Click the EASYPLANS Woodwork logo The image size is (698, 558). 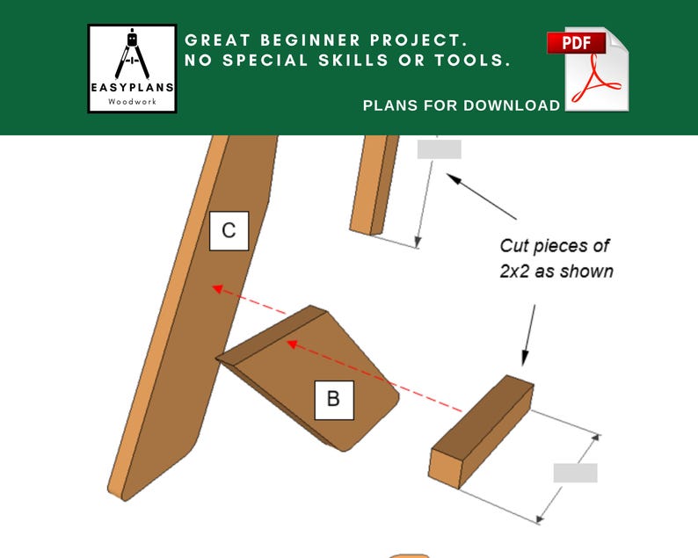click(x=132, y=69)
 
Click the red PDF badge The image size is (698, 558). click(x=576, y=43)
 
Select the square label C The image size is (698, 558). click(x=229, y=230)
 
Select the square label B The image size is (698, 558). click(x=334, y=400)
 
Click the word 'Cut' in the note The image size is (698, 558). click(x=513, y=246)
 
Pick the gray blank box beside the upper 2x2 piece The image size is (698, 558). click(x=439, y=149)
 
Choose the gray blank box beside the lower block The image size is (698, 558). click(x=575, y=473)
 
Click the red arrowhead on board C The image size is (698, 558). click(x=217, y=289)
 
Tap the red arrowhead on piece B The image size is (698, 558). click(x=292, y=344)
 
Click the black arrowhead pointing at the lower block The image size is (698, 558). click(x=526, y=359)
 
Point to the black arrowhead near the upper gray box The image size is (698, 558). click(x=454, y=178)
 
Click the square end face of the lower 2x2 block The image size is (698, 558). click(x=445, y=468)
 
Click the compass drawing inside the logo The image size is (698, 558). click(x=132, y=54)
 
